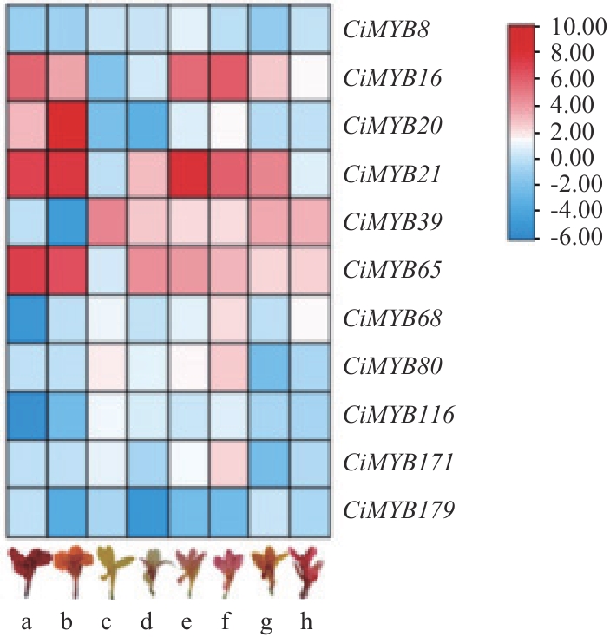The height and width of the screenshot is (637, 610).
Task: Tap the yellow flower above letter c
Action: (x=108, y=569)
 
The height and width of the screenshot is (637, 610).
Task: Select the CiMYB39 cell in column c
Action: (x=108, y=223)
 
